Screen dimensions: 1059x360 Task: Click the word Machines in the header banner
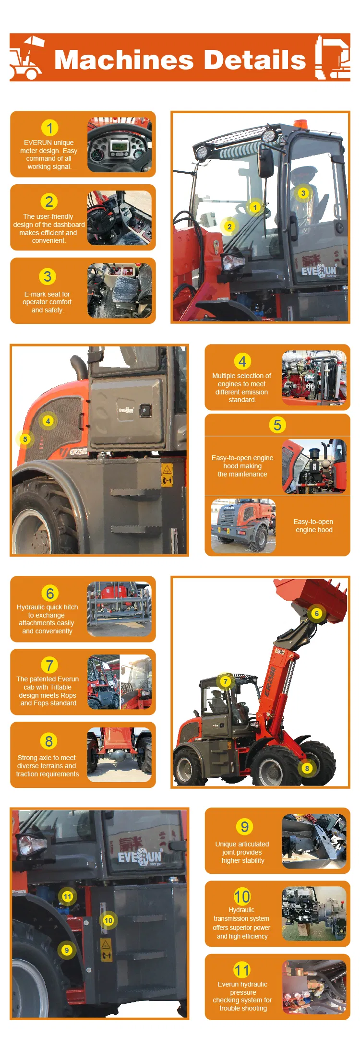124,60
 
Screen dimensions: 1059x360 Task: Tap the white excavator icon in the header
332,58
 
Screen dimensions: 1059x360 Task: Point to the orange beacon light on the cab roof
300,124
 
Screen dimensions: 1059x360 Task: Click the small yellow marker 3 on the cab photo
303,193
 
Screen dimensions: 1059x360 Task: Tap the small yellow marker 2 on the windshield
229,226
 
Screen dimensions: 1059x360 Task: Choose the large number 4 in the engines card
242,361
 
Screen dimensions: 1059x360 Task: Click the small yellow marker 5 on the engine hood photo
25,439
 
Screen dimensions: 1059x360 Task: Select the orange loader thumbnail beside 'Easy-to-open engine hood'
243,525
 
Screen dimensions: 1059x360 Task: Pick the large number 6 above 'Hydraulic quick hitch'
49,593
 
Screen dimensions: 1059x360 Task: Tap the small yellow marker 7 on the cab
226,681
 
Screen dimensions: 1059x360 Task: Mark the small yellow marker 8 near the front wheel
307,768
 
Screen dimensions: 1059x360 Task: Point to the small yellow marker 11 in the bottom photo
67,896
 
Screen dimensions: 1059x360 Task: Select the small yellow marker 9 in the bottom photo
67,950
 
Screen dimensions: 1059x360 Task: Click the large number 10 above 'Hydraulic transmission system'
242,896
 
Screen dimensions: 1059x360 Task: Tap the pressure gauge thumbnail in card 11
314,987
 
